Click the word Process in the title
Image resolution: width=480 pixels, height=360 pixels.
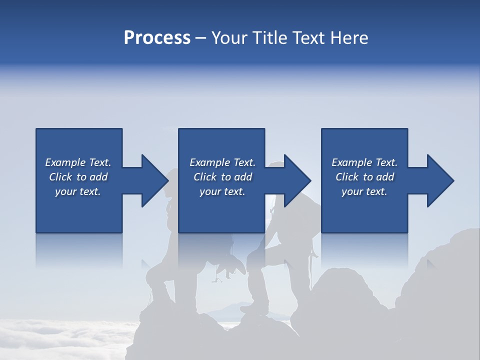pyautogui.click(x=157, y=38)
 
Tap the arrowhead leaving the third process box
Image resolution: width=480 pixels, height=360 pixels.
pyautogui.click(x=438, y=180)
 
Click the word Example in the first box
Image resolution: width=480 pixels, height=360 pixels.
pyautogui.click(x=65, y=162)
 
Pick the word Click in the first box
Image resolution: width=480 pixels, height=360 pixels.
pyautogui.click(x=60, y=177)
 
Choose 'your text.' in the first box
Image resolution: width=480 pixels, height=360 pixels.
pyautogui.click(x=78, y=191)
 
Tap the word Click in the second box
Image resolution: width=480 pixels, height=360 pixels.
pyautogui.click(x=205, y=177)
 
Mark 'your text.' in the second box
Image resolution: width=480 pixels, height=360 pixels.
pyautogui.click(x=222, y=191)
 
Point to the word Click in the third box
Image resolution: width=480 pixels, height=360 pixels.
pyautogui.click(x=347, y=177)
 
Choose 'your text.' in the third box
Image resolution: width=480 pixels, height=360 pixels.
pyautogui.click(x=364, y=191)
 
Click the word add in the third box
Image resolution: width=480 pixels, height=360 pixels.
pyautogui.click(x=385, y=177)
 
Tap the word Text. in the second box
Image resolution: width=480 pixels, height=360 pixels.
pyautogui.click(x=243, y=162)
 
